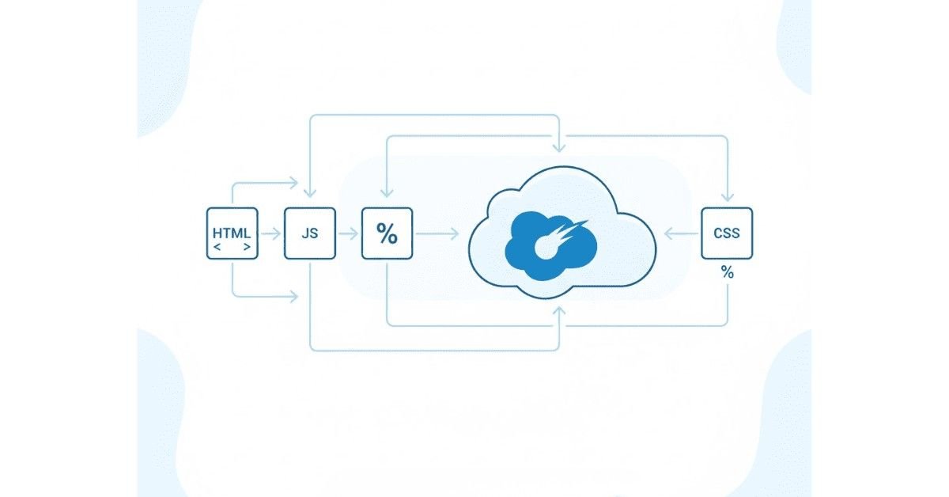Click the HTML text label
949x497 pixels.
(232, 233)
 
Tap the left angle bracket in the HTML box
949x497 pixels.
(217, 248)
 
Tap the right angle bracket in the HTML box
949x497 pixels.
(248, 248)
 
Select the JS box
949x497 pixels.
(309, 233)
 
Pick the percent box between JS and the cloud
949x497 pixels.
(387, 233)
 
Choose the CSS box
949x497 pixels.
(727, 233)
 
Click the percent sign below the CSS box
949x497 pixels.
(727, 272)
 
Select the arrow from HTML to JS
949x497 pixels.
(270, 233)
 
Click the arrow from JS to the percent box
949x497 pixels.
(348, 233)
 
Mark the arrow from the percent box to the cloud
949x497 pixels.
(437, 233)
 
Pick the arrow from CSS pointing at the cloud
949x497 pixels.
(679, 233)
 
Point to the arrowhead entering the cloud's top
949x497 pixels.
(560, 146)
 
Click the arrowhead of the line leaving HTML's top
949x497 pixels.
(294, 184)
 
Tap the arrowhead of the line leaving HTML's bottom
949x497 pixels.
(294, 297)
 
